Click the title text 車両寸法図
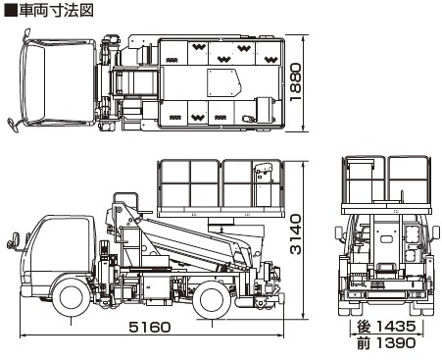point(56,10)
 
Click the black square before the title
point(11,10)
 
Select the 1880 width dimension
point(296,82)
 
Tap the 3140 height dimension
point(296,234)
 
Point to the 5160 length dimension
point(150,327)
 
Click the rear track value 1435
point(396,326)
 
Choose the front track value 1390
point(396,343)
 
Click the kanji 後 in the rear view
point(364,327)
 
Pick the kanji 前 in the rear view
point(364,343)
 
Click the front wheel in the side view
point(72,299)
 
